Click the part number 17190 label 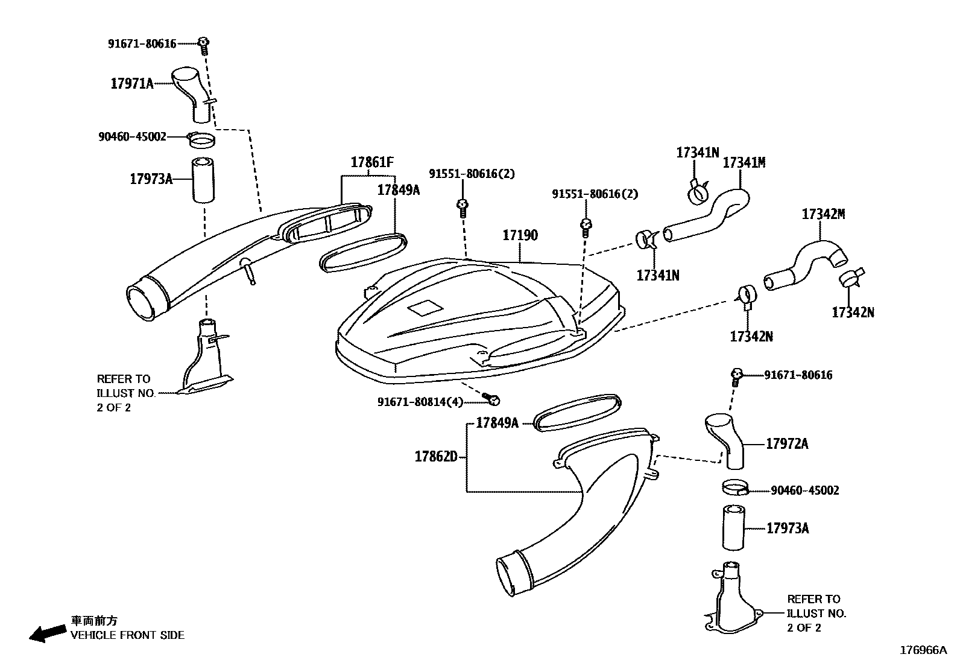pos(520,235)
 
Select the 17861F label pos(372,162)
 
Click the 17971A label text pos(131,83)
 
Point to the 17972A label pos(786,444)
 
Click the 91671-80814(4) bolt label pos(420,401)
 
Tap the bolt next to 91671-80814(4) pos(492,398)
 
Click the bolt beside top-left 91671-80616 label pos(204,43)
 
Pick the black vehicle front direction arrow pos(48,633)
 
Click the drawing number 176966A pos(924,650)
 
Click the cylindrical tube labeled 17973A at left pos(204,180)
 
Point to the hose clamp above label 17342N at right pos(850,278)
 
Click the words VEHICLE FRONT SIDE pos(128,635)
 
